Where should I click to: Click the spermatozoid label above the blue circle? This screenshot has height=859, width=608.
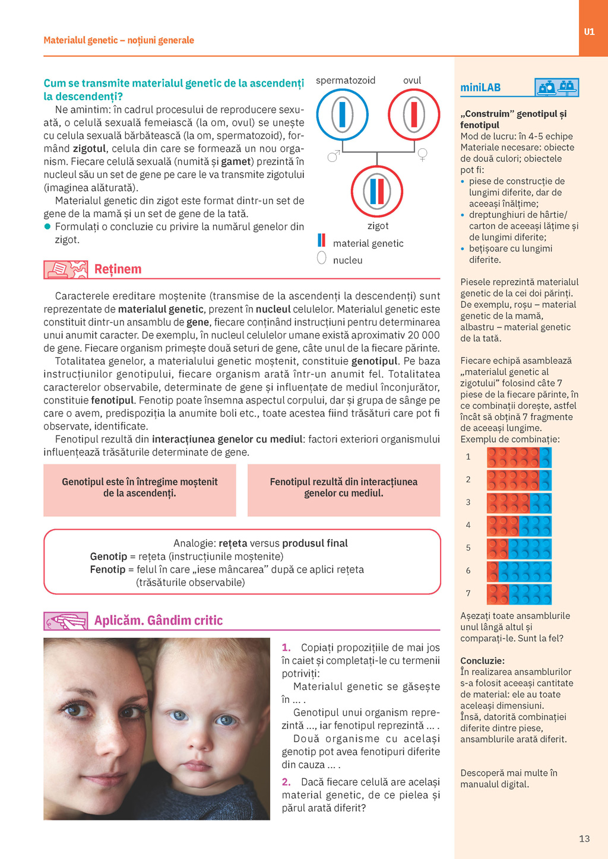click(x=345, y=80)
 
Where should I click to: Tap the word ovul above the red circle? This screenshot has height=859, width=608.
click(x=412, y=80)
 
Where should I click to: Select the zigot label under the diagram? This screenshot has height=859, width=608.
click(x=378, y=226)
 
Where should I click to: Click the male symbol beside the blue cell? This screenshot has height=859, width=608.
click(x=334, y=156)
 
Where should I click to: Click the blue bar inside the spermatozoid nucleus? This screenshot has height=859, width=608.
click(x=342, y=114)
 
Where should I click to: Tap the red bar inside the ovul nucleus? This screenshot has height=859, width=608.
click(x=414, y=114)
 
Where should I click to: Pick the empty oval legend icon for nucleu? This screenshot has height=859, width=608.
click(x=322, y=258)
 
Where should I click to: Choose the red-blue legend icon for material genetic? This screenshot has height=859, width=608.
click(x=321, y=240)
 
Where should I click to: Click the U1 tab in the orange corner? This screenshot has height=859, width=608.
click(x=589, y=32)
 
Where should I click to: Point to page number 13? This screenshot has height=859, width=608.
click(x=584, y=839)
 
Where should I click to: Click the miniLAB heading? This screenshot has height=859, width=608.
click(x=480, y=88)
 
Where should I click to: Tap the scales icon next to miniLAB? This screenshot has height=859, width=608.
click(x=556, y=88)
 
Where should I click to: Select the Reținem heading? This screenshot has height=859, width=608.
click(x=118, y=269)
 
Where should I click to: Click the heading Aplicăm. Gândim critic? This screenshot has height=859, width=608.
click(x=159, y=621)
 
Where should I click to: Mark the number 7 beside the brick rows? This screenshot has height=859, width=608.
click(x=468, y=593)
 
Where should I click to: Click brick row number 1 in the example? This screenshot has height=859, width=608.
click(x=519, y=457)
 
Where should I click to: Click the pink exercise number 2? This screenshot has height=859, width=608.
click(x=286, y=782)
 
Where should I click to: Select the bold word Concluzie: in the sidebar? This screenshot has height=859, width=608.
click(x=482, y=661)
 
